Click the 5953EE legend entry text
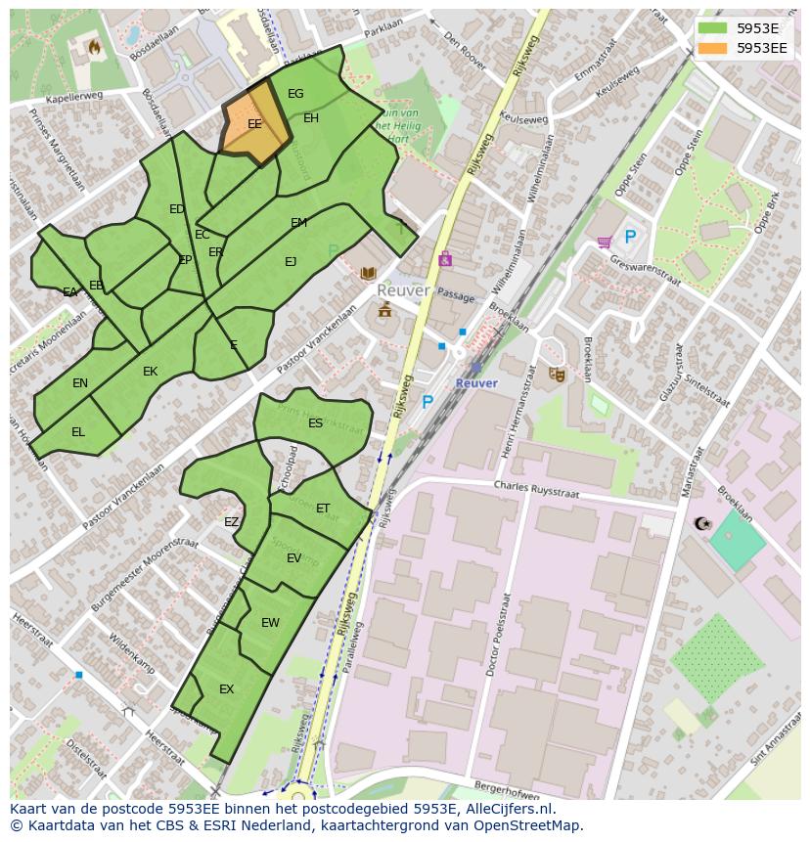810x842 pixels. pyautogui.click(x=761, y=47)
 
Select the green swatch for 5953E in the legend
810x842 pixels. pyautogui.click(x=713, y=28)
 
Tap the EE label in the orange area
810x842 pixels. pyautogui.click(x=254, y=124)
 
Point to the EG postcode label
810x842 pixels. pyautogui.click(x=295, y=94)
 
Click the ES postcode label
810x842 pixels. pyautogui.click(x=315, y=423)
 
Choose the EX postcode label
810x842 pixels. pyautogui.click(x=226, y=689)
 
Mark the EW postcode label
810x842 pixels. pyautogui.click(x=270, y=623)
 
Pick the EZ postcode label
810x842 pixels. pyautogui.click(x=231, y=522)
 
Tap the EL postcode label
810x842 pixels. pyautogui.click(x=78, y=432)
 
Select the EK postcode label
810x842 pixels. pyautogui.click(x=150, y=372)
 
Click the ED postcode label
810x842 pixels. pyautogui.click(x=176, y=209)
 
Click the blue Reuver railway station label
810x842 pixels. pyautogui.click(x=476, y=383)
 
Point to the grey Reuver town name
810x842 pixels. pyautogui.click(x=403, y=291)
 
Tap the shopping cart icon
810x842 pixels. pyautogui.click(x=605, y=241)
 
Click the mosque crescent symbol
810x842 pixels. pyautogui.click(x=700, y=524)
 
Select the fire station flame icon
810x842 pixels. pyautogui.click(x=95, y=45)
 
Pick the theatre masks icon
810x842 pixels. pyautogui.click(x=557, y=374)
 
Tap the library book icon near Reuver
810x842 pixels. pyautogui.click(x=368, y=273)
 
